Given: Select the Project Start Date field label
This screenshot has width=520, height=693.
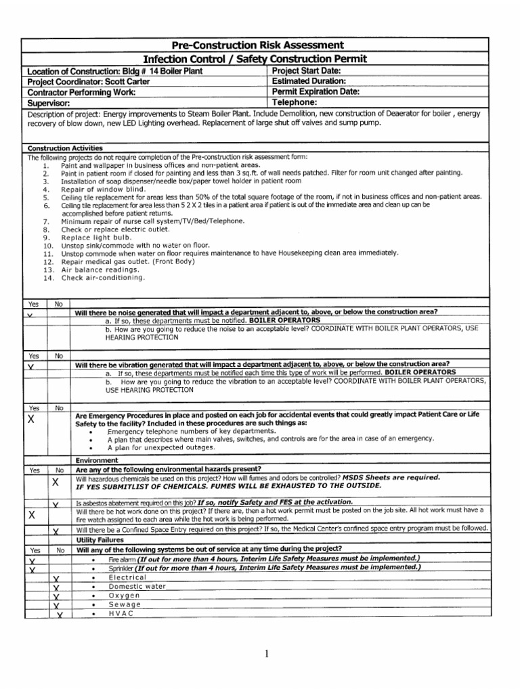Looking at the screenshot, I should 306,71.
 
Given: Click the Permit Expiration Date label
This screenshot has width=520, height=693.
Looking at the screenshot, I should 316,91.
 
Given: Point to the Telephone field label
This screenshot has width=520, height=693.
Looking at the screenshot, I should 296,102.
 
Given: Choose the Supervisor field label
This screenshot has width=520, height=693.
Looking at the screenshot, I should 49,103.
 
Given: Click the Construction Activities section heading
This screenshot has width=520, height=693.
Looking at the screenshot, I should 65,148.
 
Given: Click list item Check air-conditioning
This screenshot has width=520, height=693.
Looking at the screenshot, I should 103,277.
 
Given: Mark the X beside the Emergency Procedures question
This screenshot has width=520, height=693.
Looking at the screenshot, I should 30,419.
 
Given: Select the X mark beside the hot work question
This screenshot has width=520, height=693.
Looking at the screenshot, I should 32,515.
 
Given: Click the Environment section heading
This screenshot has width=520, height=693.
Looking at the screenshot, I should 96,460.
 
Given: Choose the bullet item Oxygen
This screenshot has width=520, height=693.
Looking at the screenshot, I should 124,596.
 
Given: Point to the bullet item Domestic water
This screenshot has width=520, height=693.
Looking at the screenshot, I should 137,586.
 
